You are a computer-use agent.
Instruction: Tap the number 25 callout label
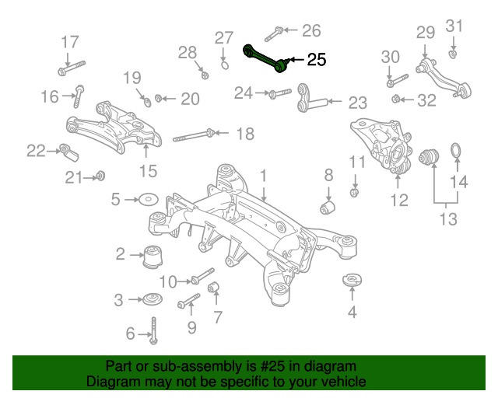(x=317, y=59)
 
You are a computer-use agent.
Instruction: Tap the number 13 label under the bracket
(x=447, y=219)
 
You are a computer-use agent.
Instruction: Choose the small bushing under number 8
(x=328, y=208)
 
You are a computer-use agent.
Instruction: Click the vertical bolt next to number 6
(x=155, y=331)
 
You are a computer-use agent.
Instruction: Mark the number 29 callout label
(x=424, y=33)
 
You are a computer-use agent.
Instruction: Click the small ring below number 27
(x=224, y=65)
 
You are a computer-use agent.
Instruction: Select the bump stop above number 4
(x=352, y=278)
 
